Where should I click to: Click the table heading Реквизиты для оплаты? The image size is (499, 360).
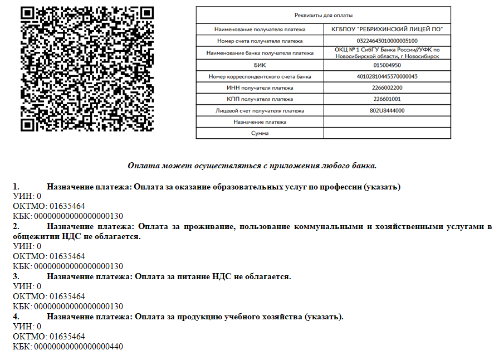tap(323, 15)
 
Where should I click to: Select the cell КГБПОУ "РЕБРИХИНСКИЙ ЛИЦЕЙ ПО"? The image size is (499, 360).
tap(387, 29)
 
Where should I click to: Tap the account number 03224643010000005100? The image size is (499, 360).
tap(387, 41)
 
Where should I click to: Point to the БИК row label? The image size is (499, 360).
tap(260, 65)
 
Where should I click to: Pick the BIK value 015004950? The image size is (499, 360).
tap(387, 65)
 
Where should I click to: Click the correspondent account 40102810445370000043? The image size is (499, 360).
tap(387, 76)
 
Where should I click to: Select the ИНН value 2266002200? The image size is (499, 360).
tap(387, 88)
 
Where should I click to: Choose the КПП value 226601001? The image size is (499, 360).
tap(387, 99)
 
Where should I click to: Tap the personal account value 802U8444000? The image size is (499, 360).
tap(387, 110)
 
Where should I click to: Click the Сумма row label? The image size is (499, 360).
tap(260, 134)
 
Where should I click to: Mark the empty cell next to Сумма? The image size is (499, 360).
tap(387, 134)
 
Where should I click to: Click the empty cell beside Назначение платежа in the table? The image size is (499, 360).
tap(387, 122)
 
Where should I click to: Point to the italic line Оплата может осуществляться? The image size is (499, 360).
tap(252, 166)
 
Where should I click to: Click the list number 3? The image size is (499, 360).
tap(16, 276)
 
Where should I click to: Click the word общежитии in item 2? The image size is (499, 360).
tap(31, 236)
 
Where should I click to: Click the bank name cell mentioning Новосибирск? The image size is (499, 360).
tap(387, 53)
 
